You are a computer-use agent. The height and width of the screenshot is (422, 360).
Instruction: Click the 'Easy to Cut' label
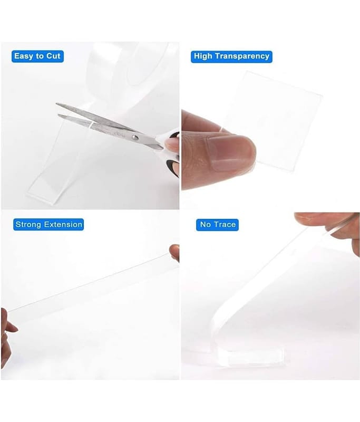click(37, 56)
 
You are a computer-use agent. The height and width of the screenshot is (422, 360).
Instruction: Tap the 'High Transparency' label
click(231, 56)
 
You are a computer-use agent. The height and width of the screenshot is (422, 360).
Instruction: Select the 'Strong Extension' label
click(48, 225)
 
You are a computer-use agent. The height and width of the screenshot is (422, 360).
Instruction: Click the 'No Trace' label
click(217, 225)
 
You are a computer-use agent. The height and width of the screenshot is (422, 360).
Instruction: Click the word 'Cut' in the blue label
click(53, 56)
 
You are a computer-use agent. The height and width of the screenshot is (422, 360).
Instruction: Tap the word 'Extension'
click(63, 225)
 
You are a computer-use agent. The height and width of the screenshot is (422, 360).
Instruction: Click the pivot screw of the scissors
click(135, 138)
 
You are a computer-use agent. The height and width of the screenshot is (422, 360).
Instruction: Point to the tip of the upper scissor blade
click(56, 103)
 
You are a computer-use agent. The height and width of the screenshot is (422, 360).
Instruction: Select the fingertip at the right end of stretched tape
click(175, 253)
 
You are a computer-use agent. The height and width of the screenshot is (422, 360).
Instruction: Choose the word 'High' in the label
click(203, 56)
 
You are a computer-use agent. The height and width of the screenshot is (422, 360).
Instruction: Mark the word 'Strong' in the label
click(29, 225)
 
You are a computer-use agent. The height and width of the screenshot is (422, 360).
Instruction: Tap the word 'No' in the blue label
click(206, 225)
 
